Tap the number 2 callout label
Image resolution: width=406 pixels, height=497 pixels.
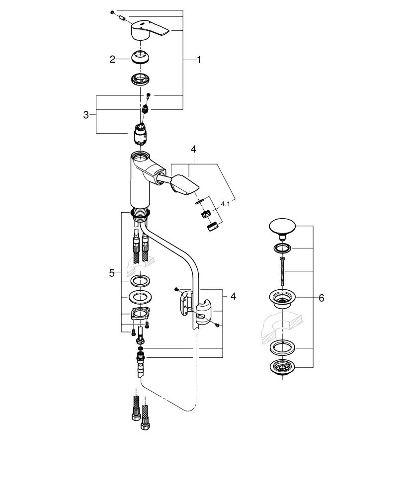point(112,59)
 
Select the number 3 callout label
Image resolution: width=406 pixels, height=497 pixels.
point(86,115)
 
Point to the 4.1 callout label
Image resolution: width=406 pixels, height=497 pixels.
point(226,204)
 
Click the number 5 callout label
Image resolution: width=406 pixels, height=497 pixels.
point(112,272)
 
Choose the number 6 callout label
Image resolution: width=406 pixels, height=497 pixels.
point(321,298)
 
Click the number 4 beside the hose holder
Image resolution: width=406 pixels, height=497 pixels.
point(233,296)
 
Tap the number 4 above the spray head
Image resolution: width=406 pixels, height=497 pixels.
point(194,149)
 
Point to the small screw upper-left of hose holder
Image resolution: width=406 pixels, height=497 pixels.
point(176,288)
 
